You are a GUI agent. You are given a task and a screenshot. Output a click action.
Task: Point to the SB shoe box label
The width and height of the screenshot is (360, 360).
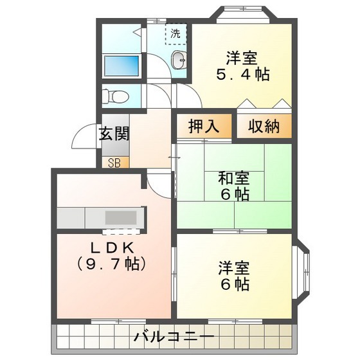coord(115,162)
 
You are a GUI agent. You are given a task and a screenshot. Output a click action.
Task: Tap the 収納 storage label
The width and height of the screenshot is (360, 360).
coord(264,127)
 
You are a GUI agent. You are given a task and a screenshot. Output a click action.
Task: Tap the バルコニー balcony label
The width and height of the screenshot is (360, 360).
coord(174,336)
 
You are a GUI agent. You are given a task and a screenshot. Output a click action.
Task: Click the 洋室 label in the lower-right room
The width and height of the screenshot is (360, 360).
coord(233,267)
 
